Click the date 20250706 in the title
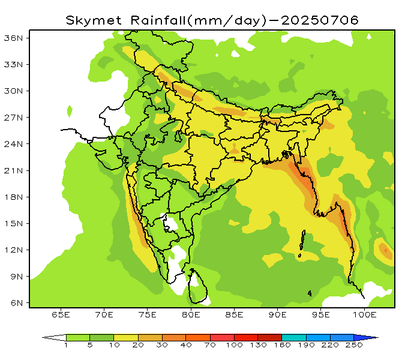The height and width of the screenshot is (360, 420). coord(320,20)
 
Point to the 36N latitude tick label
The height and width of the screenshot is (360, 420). coord(13,38)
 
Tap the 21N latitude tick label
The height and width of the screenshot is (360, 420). coord(13,170)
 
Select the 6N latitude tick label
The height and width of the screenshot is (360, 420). coord(16,303)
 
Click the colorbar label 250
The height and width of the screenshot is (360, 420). coord(353,346)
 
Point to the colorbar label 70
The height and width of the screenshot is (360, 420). coord(210,346)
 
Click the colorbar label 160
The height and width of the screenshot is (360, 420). coord(281,346)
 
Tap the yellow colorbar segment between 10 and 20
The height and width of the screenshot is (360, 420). coord(125,338)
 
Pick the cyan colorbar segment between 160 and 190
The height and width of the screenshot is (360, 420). coord(293,338)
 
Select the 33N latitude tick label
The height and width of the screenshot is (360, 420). coord(13,64)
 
